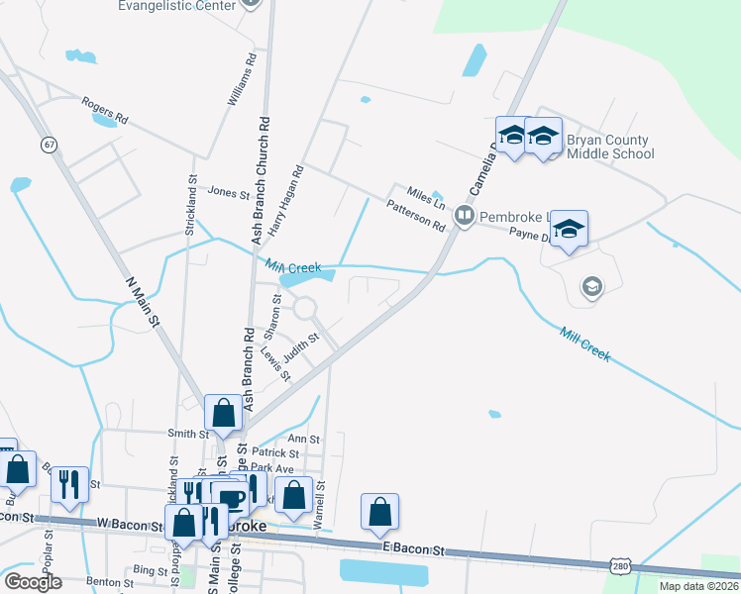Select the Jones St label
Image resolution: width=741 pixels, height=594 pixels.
pyautogui.click(x=229, y=192)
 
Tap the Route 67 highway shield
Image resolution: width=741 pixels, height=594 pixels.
pyautogui.click(x=48, y=145)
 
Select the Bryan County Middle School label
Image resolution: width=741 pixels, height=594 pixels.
pyautogui.click(x=609, y=147)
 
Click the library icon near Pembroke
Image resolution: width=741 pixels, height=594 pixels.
pyautogui.click(x=462, y=215)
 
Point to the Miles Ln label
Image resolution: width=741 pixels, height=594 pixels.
pyautogui.click(x=427, y=195)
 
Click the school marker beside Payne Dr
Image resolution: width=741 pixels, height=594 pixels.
pyautogui.click(x=569, y=231)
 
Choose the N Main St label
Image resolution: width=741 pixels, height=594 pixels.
pyautogui.click(x=145, y=294)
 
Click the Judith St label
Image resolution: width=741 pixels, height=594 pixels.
pyautogui.click(x=301, y=346)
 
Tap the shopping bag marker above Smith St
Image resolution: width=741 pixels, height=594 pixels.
pyautogui.click(x=223, y=413)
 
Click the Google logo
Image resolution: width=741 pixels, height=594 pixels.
pyautogui.click(x=34, y=581)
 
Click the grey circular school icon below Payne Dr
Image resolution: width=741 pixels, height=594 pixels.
pyautogui.click(x=591, y=287)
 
